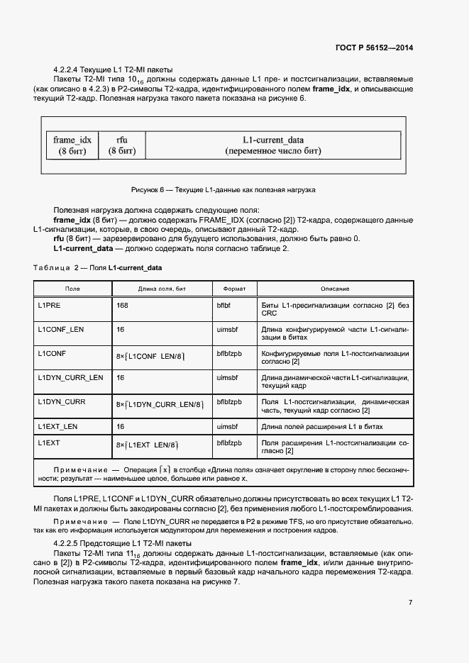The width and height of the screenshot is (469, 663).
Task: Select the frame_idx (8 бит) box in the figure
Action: point(67,145)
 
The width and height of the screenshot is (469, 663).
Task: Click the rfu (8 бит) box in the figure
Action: point(121,145)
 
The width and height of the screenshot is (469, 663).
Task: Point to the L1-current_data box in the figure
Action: point(273,145)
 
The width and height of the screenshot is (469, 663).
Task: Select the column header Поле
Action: point(72,289)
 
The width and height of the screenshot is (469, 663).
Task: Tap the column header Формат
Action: point(234,289)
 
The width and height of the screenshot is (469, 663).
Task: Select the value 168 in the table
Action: point(122,305)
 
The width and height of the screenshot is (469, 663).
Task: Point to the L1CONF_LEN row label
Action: point(60,330)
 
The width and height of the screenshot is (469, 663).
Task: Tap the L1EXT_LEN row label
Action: point(57,426)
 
